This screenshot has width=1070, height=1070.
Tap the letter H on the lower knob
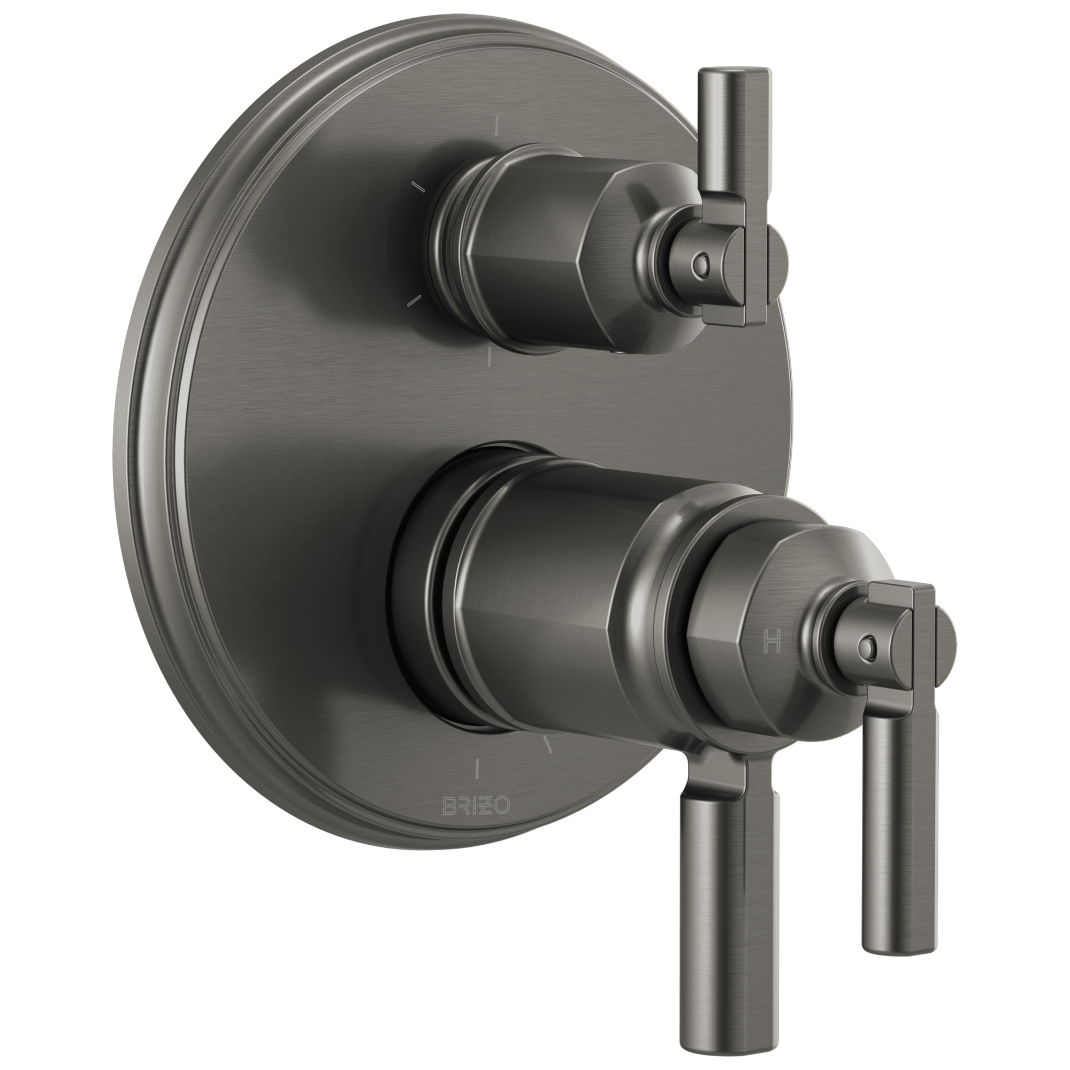(x=772, y=643)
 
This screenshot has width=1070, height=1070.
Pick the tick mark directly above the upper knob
(x=498, y=126)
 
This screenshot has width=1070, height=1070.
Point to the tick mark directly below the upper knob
(x=490, y=357)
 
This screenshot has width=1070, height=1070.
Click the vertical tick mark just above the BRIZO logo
(x=477, y=770)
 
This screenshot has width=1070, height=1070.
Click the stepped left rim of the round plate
(x=158, y=443)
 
